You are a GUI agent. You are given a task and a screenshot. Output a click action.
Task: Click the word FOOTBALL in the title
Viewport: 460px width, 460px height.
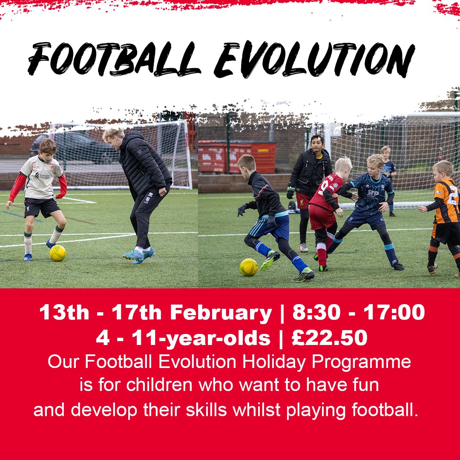(114, 60)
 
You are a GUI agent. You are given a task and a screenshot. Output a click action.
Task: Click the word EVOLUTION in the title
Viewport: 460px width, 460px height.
(314, 60)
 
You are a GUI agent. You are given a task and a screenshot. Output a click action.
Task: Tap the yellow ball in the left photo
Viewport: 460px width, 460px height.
(58, 253)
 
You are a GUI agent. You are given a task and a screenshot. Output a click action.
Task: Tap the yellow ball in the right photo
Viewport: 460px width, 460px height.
(248, 267)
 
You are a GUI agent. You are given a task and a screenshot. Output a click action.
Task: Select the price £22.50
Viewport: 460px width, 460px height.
(329, 338)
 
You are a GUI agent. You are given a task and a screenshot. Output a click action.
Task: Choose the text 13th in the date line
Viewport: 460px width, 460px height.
(64, 313)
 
